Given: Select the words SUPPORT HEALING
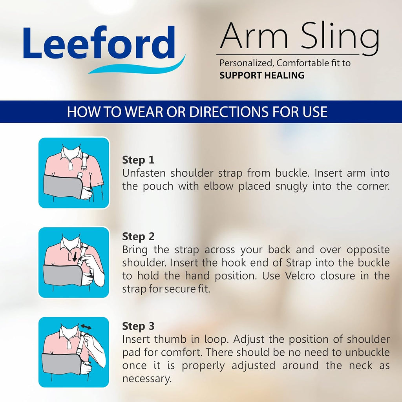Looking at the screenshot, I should click(x=262, y=75).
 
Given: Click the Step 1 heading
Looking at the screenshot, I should click(x=138, y=160).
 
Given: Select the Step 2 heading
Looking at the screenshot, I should click(x=138, y=237).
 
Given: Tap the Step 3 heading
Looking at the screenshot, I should click(x=138, y=326).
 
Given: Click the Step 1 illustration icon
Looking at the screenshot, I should click(x=73, y=173).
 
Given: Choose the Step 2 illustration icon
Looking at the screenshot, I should click(x=73, y=262).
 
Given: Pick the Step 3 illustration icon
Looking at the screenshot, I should click(x=73, y=352).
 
